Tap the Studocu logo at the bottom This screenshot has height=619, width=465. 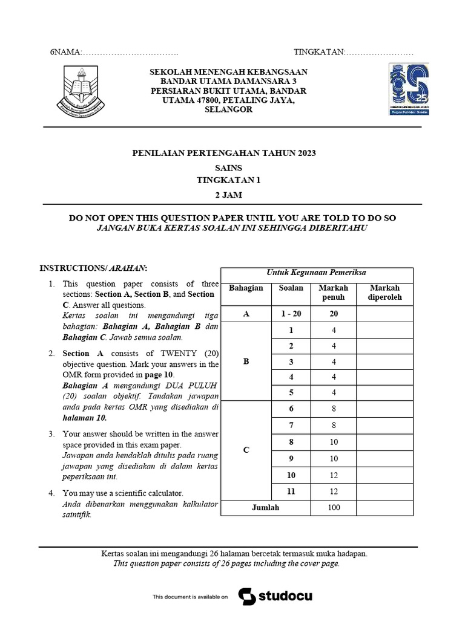tap(275, 596)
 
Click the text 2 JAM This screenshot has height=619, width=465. tap(228, 194)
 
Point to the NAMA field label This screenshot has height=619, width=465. tap(65, 53)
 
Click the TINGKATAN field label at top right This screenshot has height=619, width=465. tap(318, 53)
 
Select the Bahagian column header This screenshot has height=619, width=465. tap(246, 288)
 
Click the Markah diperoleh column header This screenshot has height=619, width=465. tap(384, 293)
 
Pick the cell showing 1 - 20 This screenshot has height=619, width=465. tap(291, 314)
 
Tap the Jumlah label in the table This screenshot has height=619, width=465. tap(266, 507)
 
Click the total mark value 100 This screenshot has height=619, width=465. tap(334, 507)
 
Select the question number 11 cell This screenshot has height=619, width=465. tap(291, 491)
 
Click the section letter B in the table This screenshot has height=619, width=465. tap(246, 362)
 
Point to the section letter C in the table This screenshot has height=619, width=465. tap(246, 450)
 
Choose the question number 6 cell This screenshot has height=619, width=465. tap(291, 409)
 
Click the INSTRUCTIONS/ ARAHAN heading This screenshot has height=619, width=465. tap(93, 268)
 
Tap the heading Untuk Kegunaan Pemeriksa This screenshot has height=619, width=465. tap(317, 273)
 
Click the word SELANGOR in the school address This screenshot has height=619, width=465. tap(228, 110)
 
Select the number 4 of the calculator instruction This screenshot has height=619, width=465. tap(52, 493)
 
